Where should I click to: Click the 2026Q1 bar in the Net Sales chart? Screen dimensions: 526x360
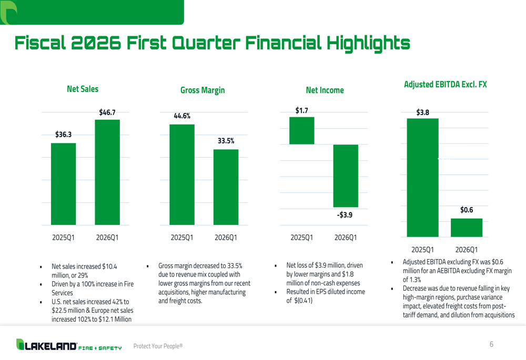click(x=107, y=172)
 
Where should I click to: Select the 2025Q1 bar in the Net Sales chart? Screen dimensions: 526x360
click(x=64, y=184)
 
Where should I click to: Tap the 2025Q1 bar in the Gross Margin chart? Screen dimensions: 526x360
click(x=182, y=174)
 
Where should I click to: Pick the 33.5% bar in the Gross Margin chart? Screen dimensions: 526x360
click(x=226, y=187)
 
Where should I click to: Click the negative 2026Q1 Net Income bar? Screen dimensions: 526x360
click(x=346, y=176)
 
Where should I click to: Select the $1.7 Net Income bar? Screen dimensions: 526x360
click(x=302, y=131)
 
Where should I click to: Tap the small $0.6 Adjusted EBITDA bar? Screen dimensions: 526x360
click(x=467, y=228)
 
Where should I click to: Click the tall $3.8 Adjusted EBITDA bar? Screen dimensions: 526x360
click(x=423, y=178)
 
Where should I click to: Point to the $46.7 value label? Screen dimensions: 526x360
click(x=107, y=112)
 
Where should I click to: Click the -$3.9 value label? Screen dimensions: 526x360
click(x=345, y=215)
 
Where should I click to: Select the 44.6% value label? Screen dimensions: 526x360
click(x=182, y=116)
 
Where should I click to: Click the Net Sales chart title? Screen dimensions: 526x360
click(x=83, y=89)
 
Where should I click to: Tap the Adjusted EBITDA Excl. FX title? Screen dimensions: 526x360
click(x=445, y=85)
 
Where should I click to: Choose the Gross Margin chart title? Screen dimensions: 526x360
click(x=203, y=90)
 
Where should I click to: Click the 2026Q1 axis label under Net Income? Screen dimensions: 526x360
click(x=346, y=238)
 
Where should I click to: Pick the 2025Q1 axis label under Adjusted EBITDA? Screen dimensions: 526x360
click(x=423, y=250)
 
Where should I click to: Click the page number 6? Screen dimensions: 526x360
click(x=491, y=344)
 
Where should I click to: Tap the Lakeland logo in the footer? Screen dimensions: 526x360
click(x=69, y=345)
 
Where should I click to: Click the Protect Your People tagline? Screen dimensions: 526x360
click(x=158, y=346)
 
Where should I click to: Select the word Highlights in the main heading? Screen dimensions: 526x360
click(x=368, y=43)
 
